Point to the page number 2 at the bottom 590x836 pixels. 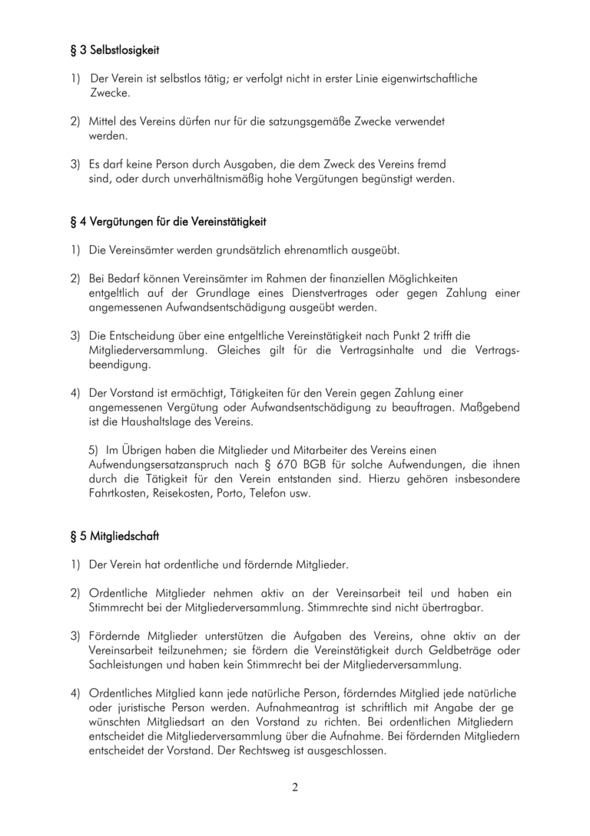(294, 787)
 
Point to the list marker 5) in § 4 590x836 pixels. (94, 450)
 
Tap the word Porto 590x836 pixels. (237, 493)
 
